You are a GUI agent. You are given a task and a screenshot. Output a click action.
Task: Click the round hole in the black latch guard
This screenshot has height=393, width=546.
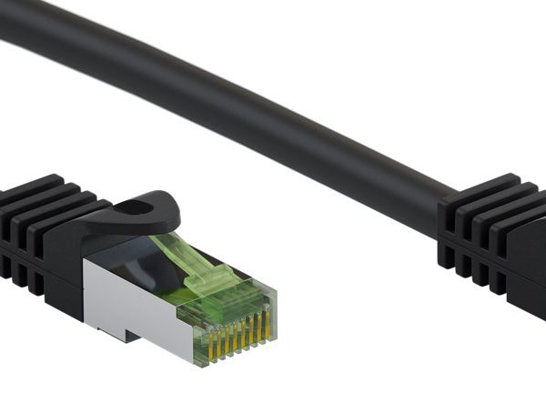coord(135,208)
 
